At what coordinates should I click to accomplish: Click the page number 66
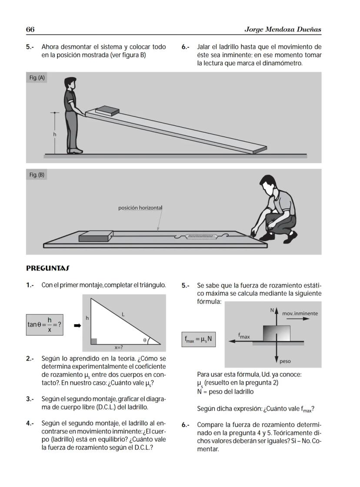point(30,29)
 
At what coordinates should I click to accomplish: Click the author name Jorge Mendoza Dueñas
point(283,29)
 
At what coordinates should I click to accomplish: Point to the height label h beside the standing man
point(55,134)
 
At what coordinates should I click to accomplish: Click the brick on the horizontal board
point(95,236)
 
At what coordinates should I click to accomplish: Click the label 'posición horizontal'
point(140,208)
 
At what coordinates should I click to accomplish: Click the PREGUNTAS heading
point(48,268)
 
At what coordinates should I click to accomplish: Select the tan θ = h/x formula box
point(44,325)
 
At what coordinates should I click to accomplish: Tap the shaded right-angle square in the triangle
point(94,341)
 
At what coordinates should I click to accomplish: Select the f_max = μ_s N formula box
point(198,339)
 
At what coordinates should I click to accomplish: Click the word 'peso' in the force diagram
point(285,361)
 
